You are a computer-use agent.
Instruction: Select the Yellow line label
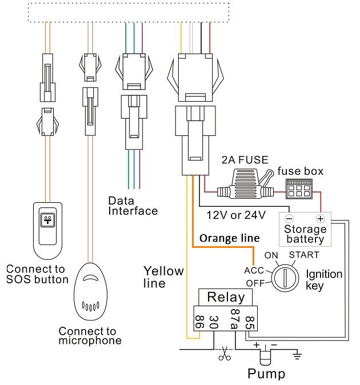coord(163,276)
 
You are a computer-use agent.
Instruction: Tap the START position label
coord(303,255)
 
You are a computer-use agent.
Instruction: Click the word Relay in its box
coord(226,297)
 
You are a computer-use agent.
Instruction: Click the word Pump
coord(266,375)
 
